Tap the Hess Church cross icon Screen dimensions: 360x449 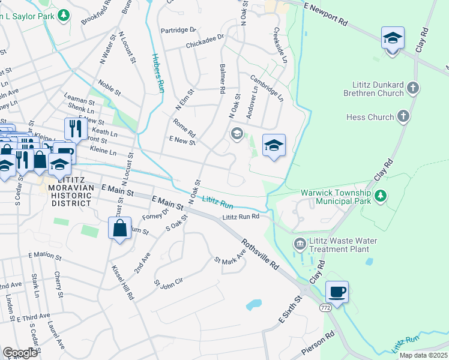[404, 116]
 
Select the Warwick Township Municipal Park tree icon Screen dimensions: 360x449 [379, 196]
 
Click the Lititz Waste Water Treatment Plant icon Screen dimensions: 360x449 [299, 244]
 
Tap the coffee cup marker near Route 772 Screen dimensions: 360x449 [337, 292]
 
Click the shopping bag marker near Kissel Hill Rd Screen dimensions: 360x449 [119, 228]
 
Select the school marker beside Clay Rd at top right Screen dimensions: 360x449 [393, 39]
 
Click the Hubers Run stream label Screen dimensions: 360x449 [157, 73]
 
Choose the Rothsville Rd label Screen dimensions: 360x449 [261, 256]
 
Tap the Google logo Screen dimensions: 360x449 [20, 353]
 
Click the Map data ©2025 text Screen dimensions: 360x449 [423, 355]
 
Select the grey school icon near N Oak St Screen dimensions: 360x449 [237, 133]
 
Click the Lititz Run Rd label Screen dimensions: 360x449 [240, 217]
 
